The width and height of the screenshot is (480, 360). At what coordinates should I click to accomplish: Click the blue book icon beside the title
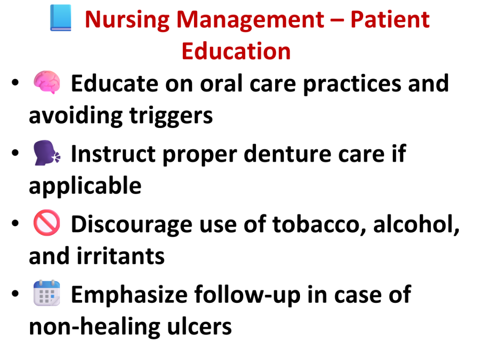[61, 18]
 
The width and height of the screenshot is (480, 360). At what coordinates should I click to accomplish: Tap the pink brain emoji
[47, 82]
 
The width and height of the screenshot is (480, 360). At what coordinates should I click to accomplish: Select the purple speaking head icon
[47, 153]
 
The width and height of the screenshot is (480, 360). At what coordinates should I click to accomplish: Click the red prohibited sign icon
[47, 223]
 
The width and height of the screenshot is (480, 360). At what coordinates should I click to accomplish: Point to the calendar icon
[47, 293]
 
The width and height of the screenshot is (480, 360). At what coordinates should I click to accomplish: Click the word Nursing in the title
[127, 21]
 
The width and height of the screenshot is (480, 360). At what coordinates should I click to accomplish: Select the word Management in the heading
[250, 21]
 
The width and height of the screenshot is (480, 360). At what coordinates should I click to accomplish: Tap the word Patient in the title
[390, 20]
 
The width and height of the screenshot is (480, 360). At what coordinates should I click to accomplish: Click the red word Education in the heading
[236, 51]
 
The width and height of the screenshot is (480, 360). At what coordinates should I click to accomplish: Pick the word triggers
[171, 116]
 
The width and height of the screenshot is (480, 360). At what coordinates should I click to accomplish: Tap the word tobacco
[319, 224]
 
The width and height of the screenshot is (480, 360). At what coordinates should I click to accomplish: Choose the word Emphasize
[129, 295]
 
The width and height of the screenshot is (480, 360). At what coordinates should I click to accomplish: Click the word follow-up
[247, 295]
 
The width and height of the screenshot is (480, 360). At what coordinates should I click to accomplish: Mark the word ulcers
[199, 326]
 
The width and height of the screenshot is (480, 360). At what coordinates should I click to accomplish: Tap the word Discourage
[132, 225]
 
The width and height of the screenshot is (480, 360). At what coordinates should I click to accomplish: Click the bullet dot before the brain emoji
[15, 82]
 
